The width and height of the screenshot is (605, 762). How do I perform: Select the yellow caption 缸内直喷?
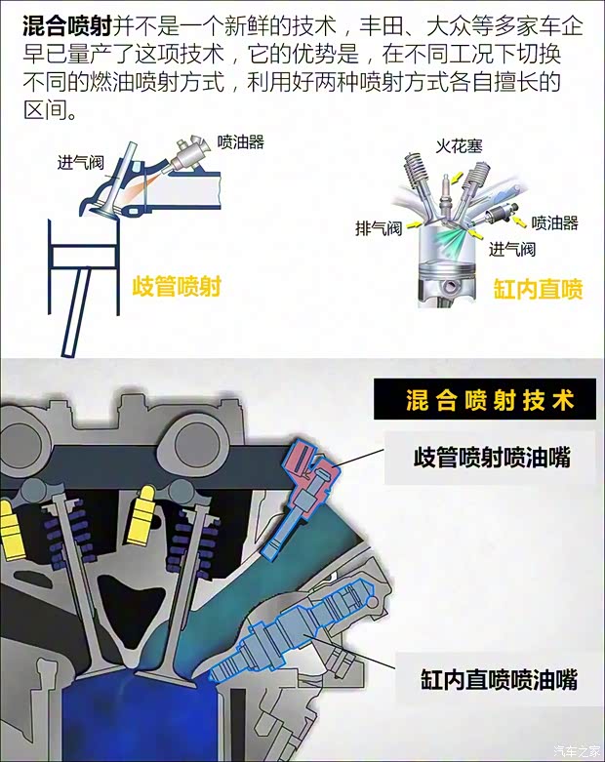(538, 289)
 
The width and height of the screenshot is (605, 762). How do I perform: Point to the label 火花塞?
(458, 146)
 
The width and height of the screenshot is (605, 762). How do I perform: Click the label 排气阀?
(379, 229)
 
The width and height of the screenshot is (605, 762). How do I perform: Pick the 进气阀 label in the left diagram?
(81, 162)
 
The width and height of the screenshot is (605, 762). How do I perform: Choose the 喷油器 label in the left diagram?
(240, 141)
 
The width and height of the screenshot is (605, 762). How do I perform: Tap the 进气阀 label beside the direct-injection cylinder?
(511, 249)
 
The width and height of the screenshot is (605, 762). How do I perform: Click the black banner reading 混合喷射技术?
(487, 401)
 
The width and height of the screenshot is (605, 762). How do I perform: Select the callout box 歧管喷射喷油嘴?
(492, 457)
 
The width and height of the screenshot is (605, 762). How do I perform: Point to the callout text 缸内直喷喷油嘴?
(499, 678)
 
